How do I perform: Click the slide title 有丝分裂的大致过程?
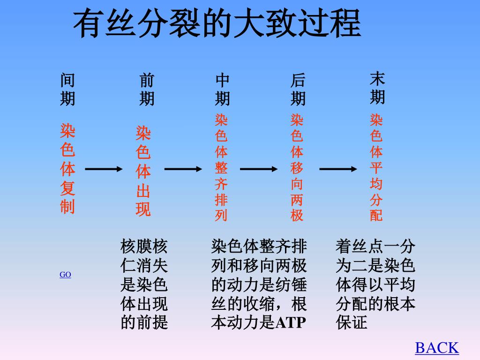pos(217,24)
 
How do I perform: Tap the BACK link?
pos(436,348)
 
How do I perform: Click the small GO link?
pos(65,275)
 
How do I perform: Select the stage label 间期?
pos(67,89)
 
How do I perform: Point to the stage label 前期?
pos(147,89)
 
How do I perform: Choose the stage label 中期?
pos(222,89)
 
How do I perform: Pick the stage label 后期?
pos(298,89)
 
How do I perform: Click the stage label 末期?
pos(377,88)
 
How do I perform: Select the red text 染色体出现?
pos(143,171)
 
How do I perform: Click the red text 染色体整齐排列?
pos(221,167)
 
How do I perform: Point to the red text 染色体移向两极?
pos(297,167)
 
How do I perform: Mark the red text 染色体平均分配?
pos(376,167)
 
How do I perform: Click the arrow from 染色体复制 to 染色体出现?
pos(104,169)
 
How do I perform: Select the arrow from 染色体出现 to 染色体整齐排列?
pos(183,169)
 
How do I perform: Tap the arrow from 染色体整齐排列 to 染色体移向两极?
pos(259,169)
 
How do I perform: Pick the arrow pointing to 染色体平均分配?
pos(338,169)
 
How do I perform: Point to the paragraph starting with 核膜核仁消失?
pos(144,285)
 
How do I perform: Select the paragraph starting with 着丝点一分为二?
pos(375,285)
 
